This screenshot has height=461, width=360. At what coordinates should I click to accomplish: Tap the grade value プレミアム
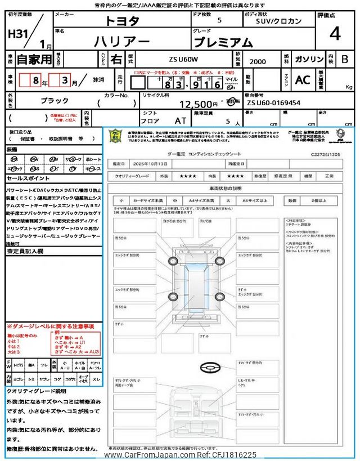coord(223,42)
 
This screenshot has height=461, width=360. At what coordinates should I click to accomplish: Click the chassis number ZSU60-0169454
coord(273,104)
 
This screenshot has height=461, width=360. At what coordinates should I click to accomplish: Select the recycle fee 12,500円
coord(199,104)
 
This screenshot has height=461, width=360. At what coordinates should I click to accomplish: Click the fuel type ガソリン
coord(308,59)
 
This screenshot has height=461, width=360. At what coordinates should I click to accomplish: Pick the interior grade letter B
coord(345,59)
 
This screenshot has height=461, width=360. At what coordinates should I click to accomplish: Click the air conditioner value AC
coord(302,80)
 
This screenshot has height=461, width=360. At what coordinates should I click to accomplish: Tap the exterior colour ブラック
coord(54,100)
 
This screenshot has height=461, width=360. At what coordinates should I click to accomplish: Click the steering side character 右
coord(116,59)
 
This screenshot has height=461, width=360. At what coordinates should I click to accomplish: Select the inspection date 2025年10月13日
coord(147,164)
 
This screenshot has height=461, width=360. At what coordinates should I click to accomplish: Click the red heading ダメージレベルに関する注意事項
coord(50,326)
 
